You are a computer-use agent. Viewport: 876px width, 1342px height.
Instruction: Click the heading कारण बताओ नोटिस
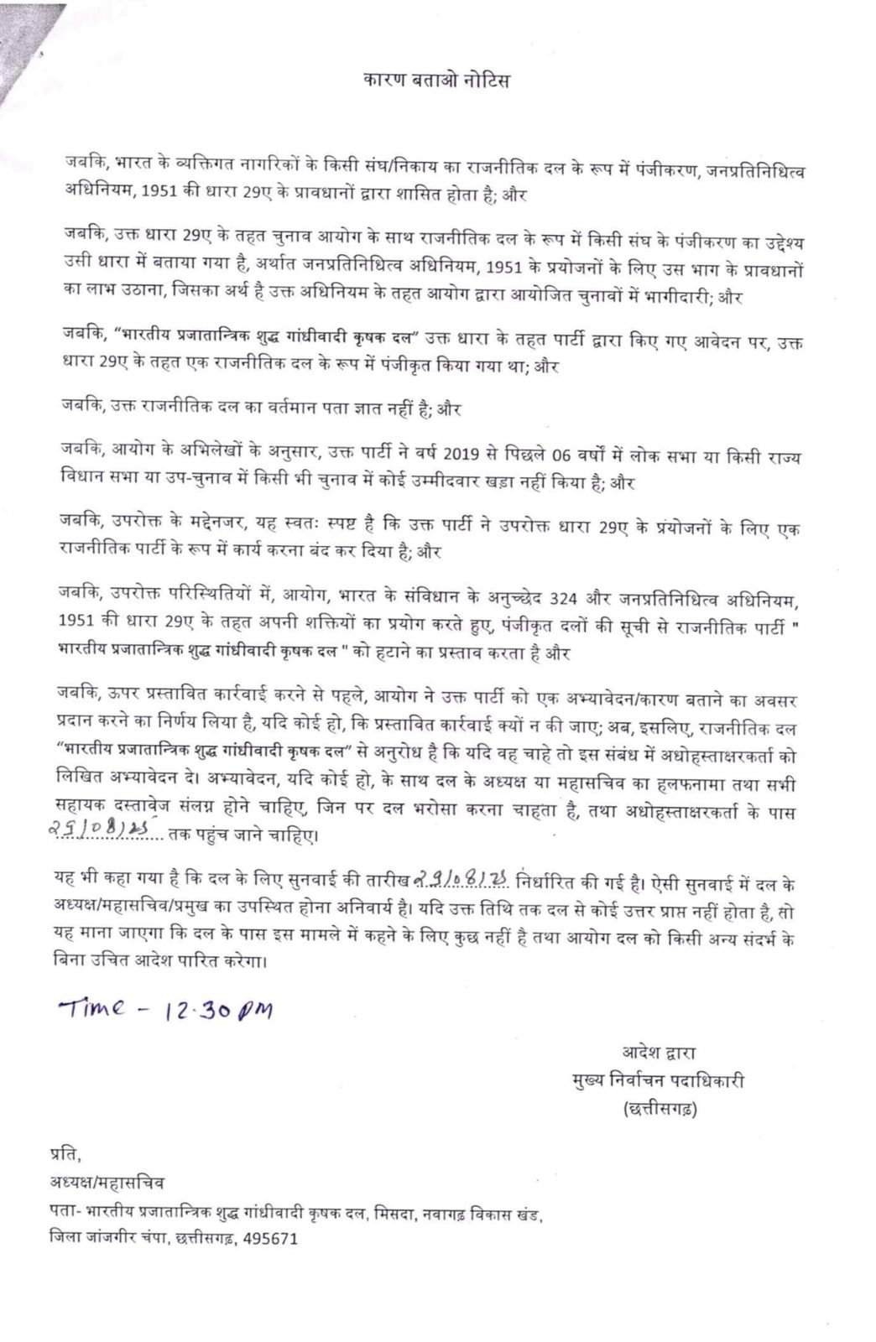(436, 81)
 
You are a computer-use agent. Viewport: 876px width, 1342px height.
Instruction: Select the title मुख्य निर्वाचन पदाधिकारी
(654, 1081)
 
